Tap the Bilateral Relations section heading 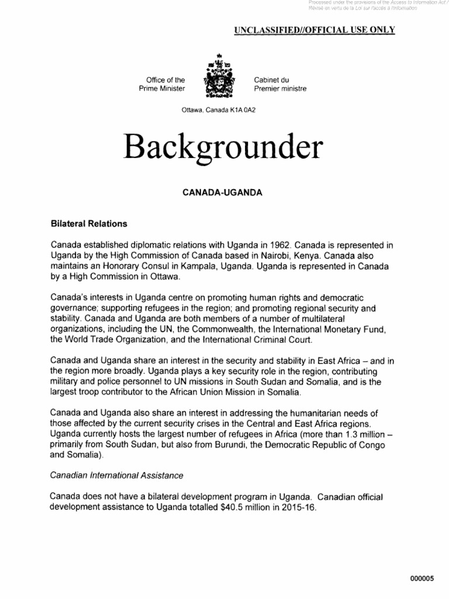point(89,224)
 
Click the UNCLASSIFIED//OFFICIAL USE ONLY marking point(315,30)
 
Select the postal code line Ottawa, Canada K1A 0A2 point(217,110)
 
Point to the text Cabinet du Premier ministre point(279,84)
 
